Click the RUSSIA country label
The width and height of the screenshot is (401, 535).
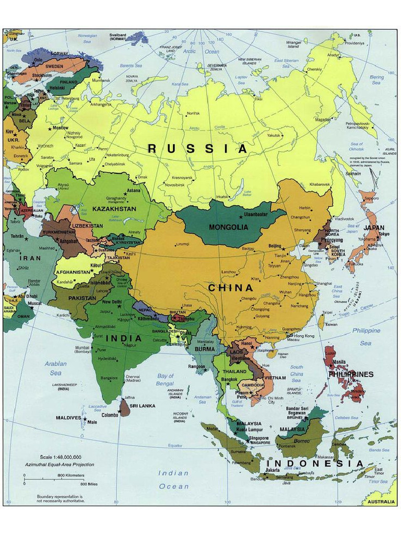[x=197, y=149]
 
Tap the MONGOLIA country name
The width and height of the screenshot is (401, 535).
[x=228, y=227]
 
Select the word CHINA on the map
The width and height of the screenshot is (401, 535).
[x=230, y=288]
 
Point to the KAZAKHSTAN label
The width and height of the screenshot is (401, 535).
[x=114, y=209]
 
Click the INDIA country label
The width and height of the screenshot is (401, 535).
[x=124, y=339]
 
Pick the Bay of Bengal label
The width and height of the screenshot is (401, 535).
[x=165, y=380]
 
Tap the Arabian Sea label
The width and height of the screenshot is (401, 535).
[x=55, y=368]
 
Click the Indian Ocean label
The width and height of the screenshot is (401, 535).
[x=174, y=480]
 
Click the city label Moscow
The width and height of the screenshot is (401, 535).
[x=60, y=128]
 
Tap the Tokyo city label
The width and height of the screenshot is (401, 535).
[x=384, y=234]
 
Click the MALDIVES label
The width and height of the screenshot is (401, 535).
[x=68, y=418]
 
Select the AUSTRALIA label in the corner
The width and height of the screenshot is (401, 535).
[x=381, y=502]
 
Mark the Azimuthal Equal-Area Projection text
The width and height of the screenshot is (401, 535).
[x=60, y=464]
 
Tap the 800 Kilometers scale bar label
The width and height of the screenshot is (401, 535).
[x=70, y=475]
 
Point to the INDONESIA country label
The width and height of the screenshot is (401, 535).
[x=315, y=464]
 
